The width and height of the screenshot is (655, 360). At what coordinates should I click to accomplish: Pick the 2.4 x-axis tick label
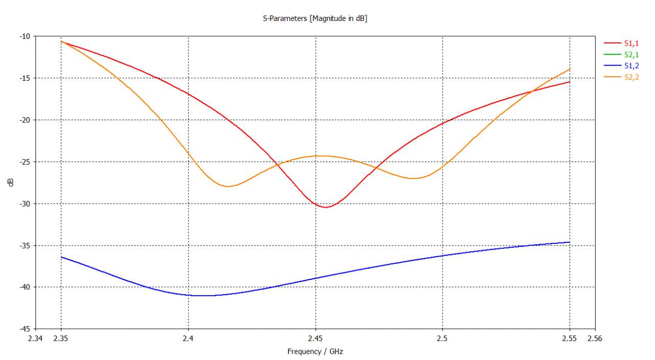point(189,339)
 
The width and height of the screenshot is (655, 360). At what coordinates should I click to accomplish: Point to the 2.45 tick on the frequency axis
point(315,339)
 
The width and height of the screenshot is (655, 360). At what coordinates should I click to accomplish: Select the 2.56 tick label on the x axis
point(595,339)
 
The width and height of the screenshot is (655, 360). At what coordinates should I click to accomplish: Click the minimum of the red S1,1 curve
point(326,207)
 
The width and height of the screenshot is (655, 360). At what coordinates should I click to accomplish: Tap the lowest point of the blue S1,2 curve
point(202,296)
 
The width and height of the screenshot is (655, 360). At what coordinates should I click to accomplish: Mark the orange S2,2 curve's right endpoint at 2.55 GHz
point(570,69)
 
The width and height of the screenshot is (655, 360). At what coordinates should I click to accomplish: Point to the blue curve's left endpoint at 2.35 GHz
point(61,257)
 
